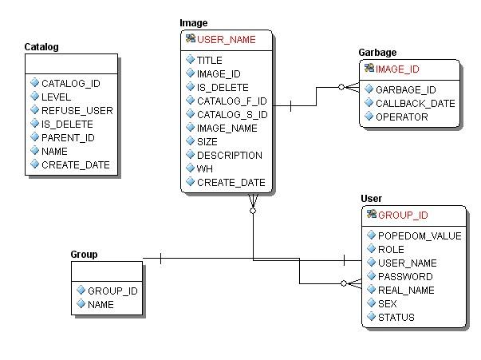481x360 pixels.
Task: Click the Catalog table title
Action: tap(41, 48)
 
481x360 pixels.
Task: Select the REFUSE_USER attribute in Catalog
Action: tap(77, 110)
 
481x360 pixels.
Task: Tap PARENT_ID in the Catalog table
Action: tap(68, 137)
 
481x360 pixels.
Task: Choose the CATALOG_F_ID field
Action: tap(231, 101)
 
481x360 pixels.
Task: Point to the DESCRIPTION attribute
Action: tap(229, 156)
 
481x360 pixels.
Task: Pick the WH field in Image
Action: tap(206, 169)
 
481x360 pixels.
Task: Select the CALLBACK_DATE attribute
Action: tap(415, 103)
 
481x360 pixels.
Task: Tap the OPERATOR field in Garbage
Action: tap(401, 117)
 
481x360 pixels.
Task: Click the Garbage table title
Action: tap(377, 53)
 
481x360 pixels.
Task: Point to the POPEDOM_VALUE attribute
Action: tap(419, 235)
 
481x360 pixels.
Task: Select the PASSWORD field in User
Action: tap(405, 276)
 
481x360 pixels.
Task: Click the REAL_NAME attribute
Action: tap(406, 290)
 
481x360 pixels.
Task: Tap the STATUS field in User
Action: tap(396, 317)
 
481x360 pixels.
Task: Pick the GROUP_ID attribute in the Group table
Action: tap(112, 291)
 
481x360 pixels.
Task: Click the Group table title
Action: tap(84, 255)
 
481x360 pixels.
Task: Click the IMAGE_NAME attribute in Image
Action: tap(227, 129)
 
